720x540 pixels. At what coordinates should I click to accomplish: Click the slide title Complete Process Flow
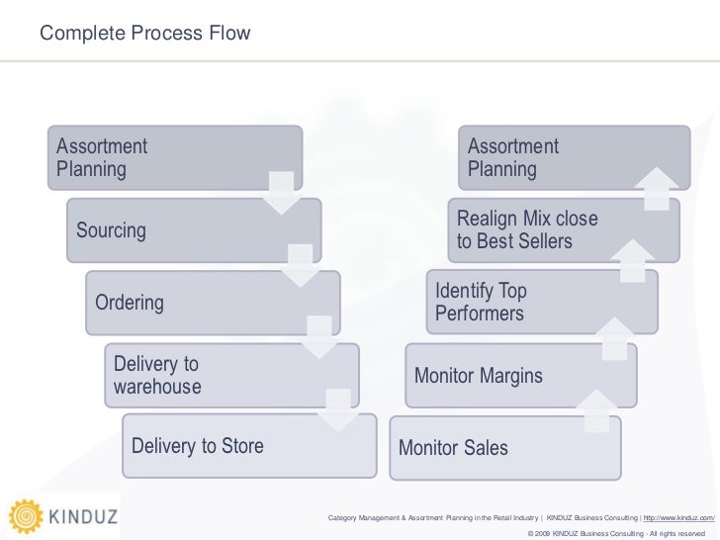click(x=145, y=35)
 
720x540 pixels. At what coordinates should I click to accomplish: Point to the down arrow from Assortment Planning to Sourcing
click(x=282, y=192)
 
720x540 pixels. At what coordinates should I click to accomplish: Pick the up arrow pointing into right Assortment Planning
click(x=658, y=188)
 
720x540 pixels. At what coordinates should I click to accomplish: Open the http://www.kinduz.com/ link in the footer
click(x=678, y=517)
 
